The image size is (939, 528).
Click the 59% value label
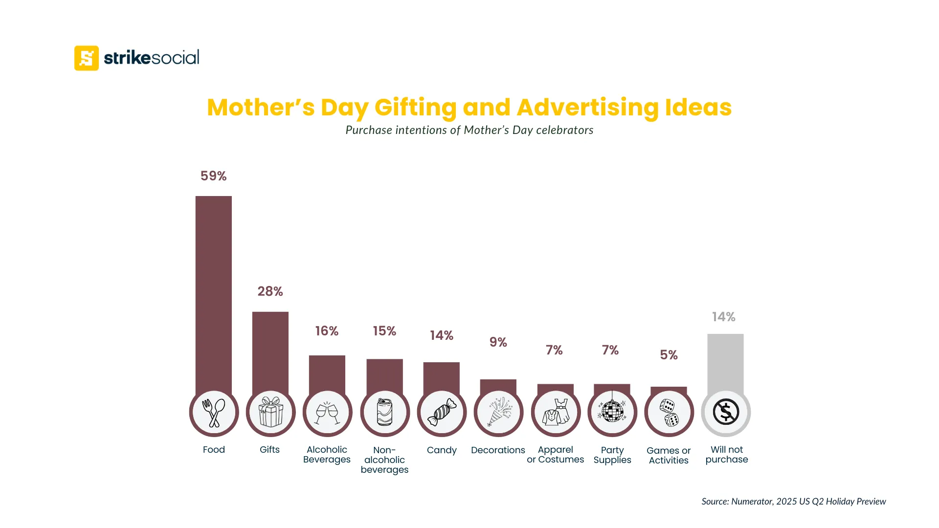213,176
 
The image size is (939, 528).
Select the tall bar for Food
214,293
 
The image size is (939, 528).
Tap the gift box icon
270,412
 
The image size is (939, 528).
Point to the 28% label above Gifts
270,291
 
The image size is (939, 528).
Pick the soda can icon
384,412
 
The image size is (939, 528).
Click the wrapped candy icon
442,413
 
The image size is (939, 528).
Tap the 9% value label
498,342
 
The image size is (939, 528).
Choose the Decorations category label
498,450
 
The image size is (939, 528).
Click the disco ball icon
612,411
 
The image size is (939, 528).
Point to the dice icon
669,413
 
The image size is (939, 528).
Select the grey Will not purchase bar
725,362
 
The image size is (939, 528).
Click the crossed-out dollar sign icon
726,412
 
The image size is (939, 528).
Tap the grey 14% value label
723,317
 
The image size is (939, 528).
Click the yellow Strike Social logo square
87,58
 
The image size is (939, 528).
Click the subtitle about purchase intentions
469,130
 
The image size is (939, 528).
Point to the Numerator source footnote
793,501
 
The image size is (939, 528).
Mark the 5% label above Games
669,355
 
